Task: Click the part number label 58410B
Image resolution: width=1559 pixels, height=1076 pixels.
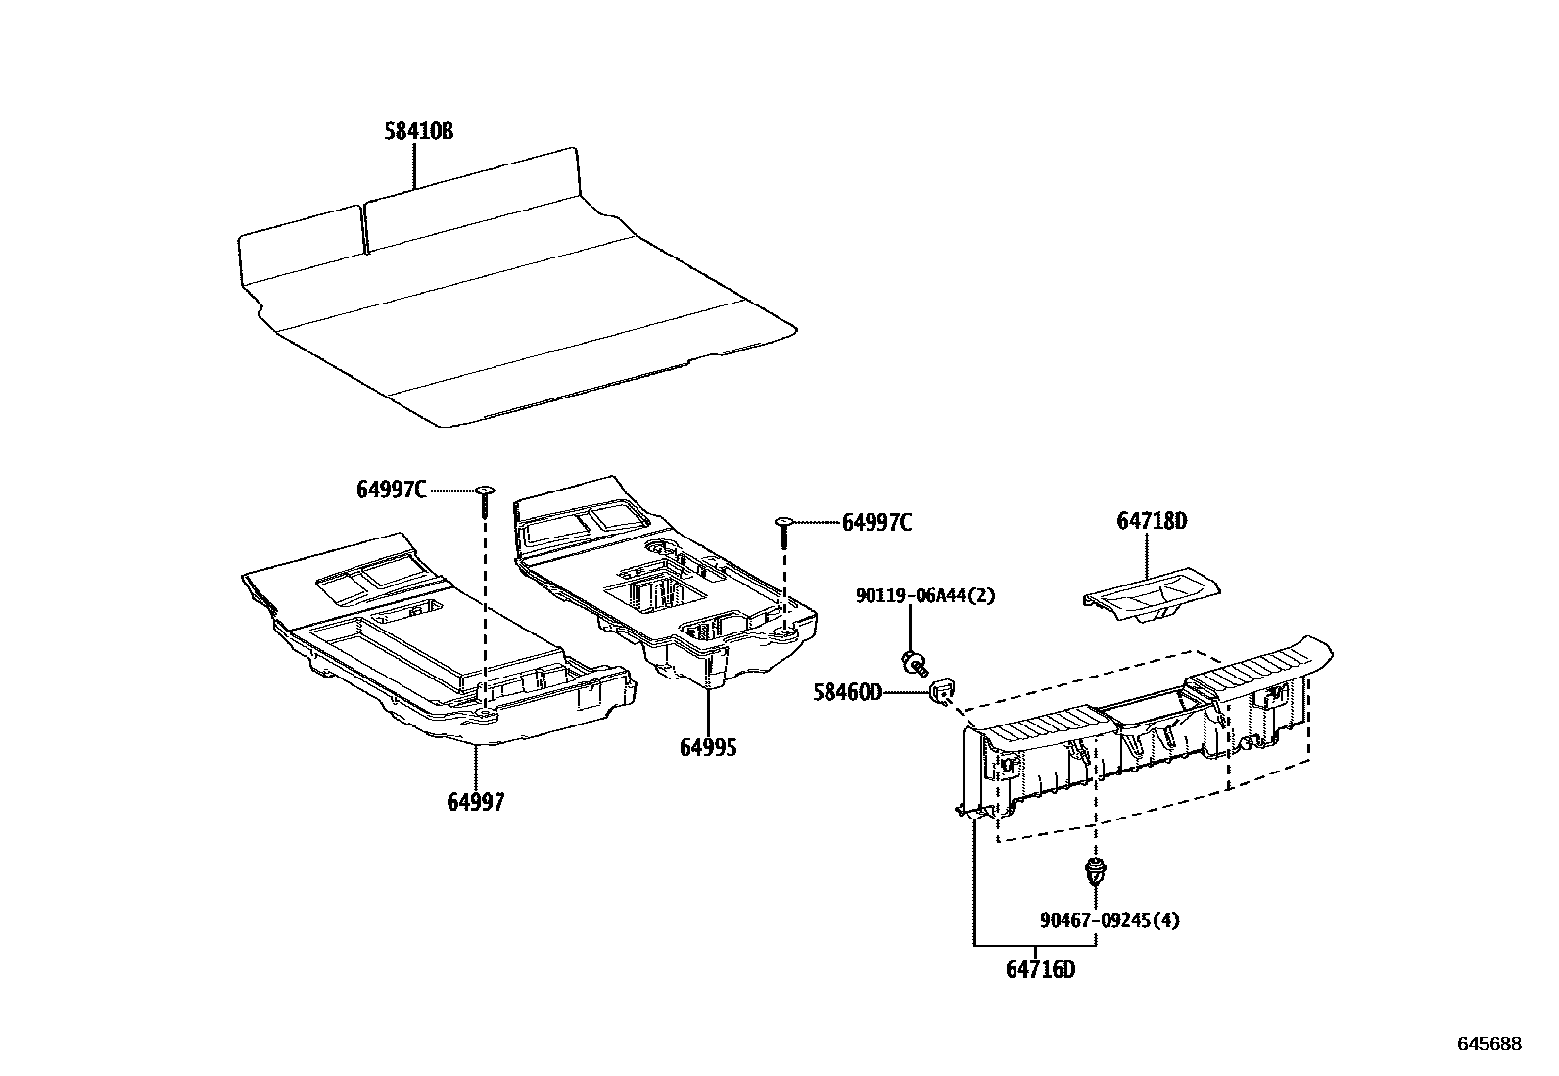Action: (x=418, y=131)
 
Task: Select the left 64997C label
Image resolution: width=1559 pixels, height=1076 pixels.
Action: (x=391, y=490)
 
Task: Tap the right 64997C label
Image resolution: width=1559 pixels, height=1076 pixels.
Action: (x=876, y=523)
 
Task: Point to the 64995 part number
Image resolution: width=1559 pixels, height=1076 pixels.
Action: (x=708, y=748)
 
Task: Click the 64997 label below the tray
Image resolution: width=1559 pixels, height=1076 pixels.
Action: (x=476, y=802)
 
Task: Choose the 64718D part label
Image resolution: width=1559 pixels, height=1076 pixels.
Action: (x=1152, y=522)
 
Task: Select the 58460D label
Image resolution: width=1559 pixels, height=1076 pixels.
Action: (x=847, y=693)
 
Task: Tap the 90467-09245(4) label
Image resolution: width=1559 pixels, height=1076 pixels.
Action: (x=1110, y=920)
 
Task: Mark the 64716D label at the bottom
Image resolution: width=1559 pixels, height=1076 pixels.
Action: (x=1040, y=970)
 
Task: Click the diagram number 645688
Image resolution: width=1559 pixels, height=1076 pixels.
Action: (x=1489, y=1044)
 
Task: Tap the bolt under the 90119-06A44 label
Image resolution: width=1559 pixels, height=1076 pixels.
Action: (x=914, y=663)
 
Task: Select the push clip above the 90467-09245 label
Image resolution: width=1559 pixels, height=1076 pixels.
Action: (x=1094, y=870)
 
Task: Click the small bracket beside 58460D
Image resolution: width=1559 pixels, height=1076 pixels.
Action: (x=943, y=689)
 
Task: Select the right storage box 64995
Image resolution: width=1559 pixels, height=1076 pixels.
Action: (x=666, y=597)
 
